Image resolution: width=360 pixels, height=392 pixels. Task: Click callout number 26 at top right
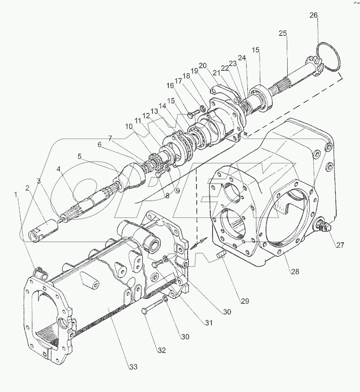click(x=314, y=15)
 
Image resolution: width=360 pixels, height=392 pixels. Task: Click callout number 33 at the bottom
click(x=133, y=367)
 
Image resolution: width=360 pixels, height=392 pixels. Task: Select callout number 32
click(x=161, y=350)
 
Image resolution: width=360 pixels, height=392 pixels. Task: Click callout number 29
click(x=244, y=301)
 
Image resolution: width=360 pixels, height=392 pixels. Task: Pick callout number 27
click(x=340, y=245)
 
